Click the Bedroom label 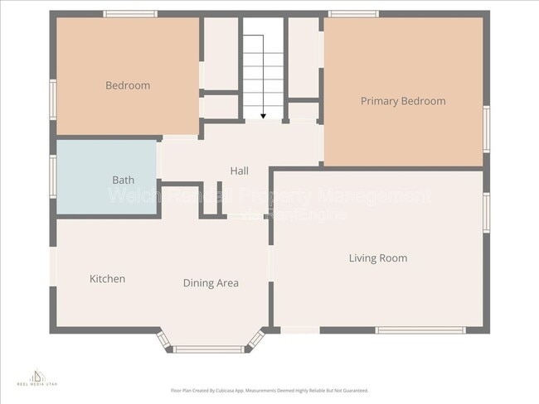128,85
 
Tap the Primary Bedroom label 403,101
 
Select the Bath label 123,180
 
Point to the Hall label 239,171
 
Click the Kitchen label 107,279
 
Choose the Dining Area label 211,283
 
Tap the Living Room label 378,258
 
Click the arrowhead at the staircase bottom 263,115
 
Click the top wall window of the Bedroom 130,14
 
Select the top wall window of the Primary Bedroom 353,14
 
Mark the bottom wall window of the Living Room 420,330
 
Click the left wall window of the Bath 53,176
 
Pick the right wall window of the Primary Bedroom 487,129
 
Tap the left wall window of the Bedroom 53,99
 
